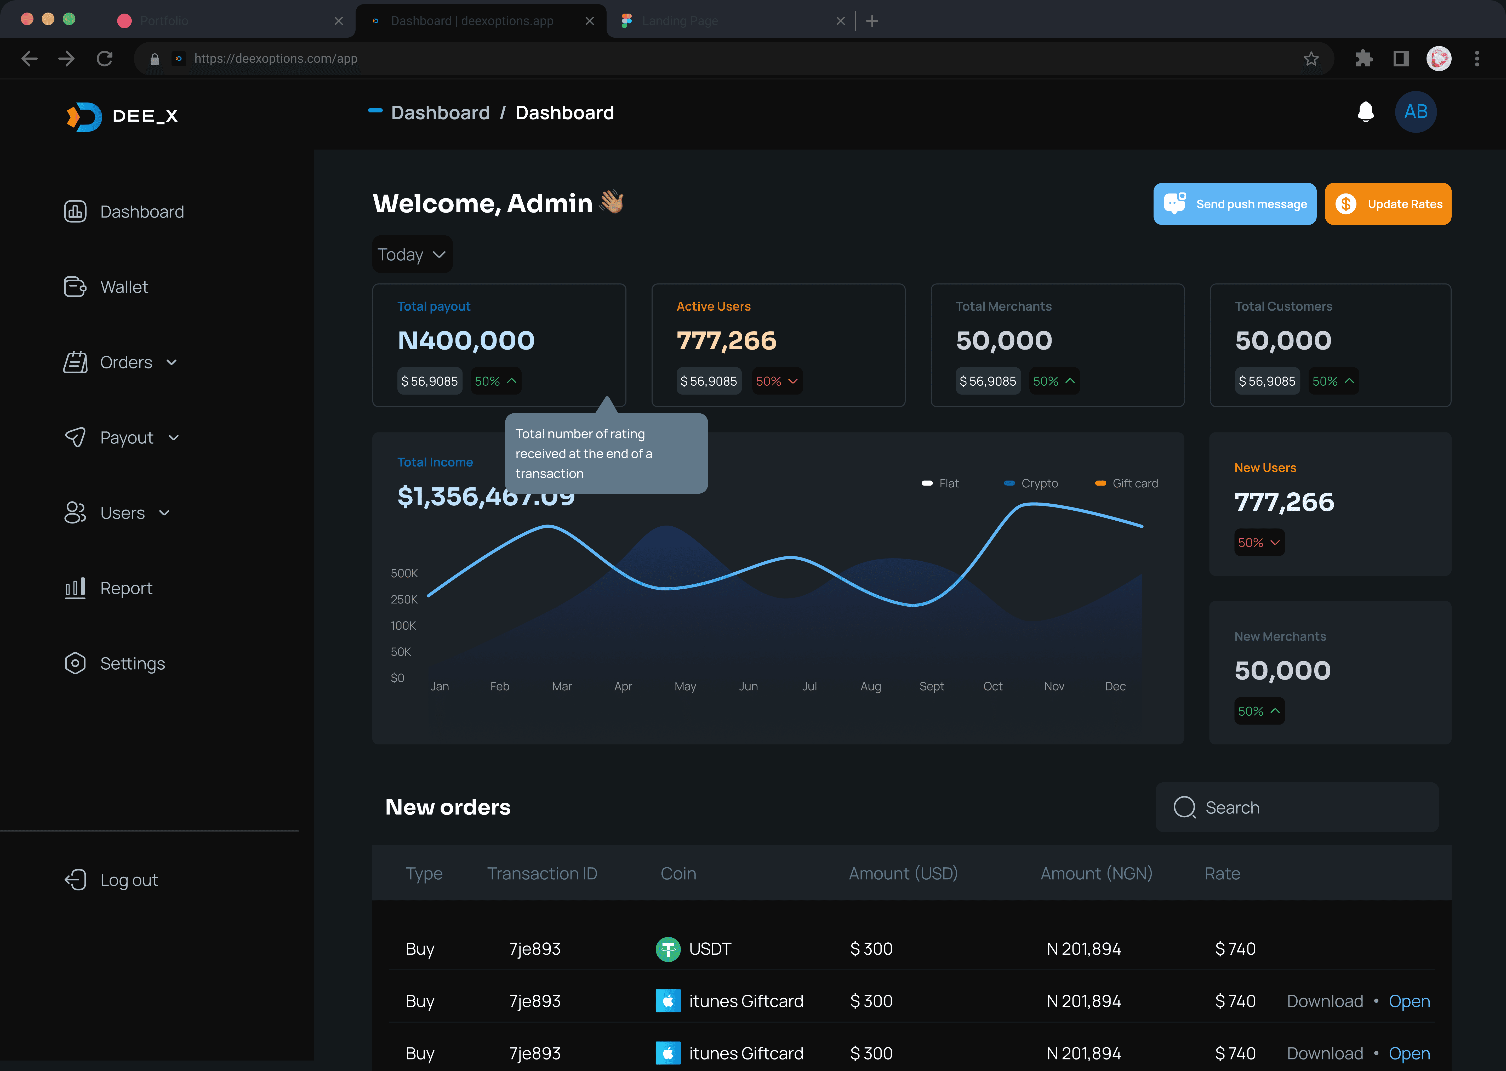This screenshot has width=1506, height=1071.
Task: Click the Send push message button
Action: tap(1234, 204)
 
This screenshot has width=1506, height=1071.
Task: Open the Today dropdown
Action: tap(412, 255)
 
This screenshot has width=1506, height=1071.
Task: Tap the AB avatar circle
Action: tap(1416, 111)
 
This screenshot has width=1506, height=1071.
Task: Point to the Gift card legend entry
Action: tap(1126, 483)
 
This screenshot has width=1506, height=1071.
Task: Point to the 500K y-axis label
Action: tap(404, 573)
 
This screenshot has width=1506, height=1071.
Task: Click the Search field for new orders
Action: tap(1297, 807)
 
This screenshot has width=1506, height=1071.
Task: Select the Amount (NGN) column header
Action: tap(1096, 873)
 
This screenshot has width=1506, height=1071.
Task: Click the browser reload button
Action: tap(104, 59)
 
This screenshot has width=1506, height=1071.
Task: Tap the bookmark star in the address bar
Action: tap(1311, 59)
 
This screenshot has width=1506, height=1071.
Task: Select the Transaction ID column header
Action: tap(542, 873)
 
